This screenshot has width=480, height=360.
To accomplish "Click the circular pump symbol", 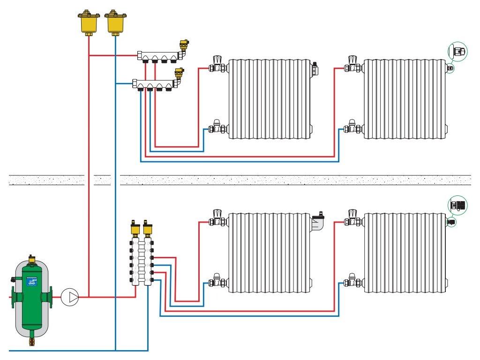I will [x=70, y=297].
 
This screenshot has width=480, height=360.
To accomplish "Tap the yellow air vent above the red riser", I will [x=89, y=22].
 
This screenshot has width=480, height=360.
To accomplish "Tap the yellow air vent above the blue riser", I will [x=115, y=22].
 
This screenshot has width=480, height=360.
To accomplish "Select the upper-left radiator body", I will [x=270, y=99].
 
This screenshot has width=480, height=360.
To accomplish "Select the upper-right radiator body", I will [x=405, y=99].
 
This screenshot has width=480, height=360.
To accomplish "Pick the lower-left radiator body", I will [x=270, y=253].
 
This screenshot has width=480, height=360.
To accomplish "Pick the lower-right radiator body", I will [x=405, y=253].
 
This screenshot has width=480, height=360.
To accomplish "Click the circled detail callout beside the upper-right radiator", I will [x=458, y=51].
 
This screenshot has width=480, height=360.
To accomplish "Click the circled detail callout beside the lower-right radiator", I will [x=458, y=204].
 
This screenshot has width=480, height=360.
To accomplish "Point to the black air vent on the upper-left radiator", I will [x=316, y=68].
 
